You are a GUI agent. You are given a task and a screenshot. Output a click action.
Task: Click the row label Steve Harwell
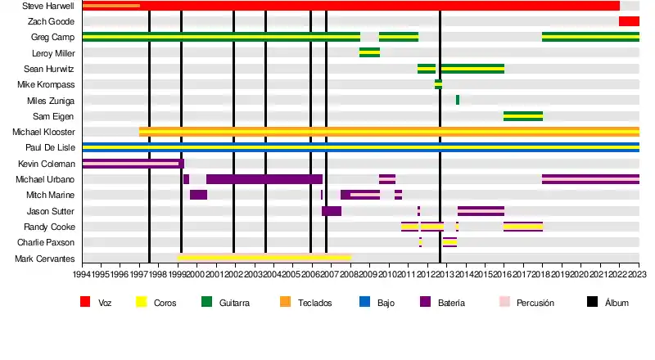pyautogui.click(x=48, y=6)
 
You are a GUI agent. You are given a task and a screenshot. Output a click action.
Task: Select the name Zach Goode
pyautogui.click(x=51, y=21)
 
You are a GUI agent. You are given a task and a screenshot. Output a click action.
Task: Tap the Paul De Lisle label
pyautogui.click(x=50, y=148)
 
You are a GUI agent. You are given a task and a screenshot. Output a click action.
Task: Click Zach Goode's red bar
pyautogui.click(x=629, y=21)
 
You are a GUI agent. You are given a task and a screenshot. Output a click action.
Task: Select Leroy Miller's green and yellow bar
pyautogui.click(x=369, y=52)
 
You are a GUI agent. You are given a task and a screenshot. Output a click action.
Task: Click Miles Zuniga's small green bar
pyautogui.click(x=457, y=100)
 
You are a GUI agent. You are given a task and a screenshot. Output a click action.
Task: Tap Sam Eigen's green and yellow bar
pyautogui.click(x=522, y=116)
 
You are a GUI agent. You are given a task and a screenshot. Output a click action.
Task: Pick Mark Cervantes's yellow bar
pyautogui.click(x=264, y=257)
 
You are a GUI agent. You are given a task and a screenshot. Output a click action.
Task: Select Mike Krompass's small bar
pyautogui.click(x=438, y=84)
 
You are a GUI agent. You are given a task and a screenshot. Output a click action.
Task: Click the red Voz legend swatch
pyautogui.click(x=85, y=303)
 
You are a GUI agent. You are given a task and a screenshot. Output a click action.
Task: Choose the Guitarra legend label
pyautogui.click(x=234, y=304)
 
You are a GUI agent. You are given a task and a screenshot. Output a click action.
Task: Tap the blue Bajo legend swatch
pyautogui.click(x=365, y=303)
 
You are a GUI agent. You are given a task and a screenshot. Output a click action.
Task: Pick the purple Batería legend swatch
pyautogui.click(x=425, y=303)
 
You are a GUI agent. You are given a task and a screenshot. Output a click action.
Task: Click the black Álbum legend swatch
pyautogui.click(x=592, y=303)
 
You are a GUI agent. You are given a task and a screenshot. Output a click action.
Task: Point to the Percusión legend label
pyautogui.click(x=535, y=304)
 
